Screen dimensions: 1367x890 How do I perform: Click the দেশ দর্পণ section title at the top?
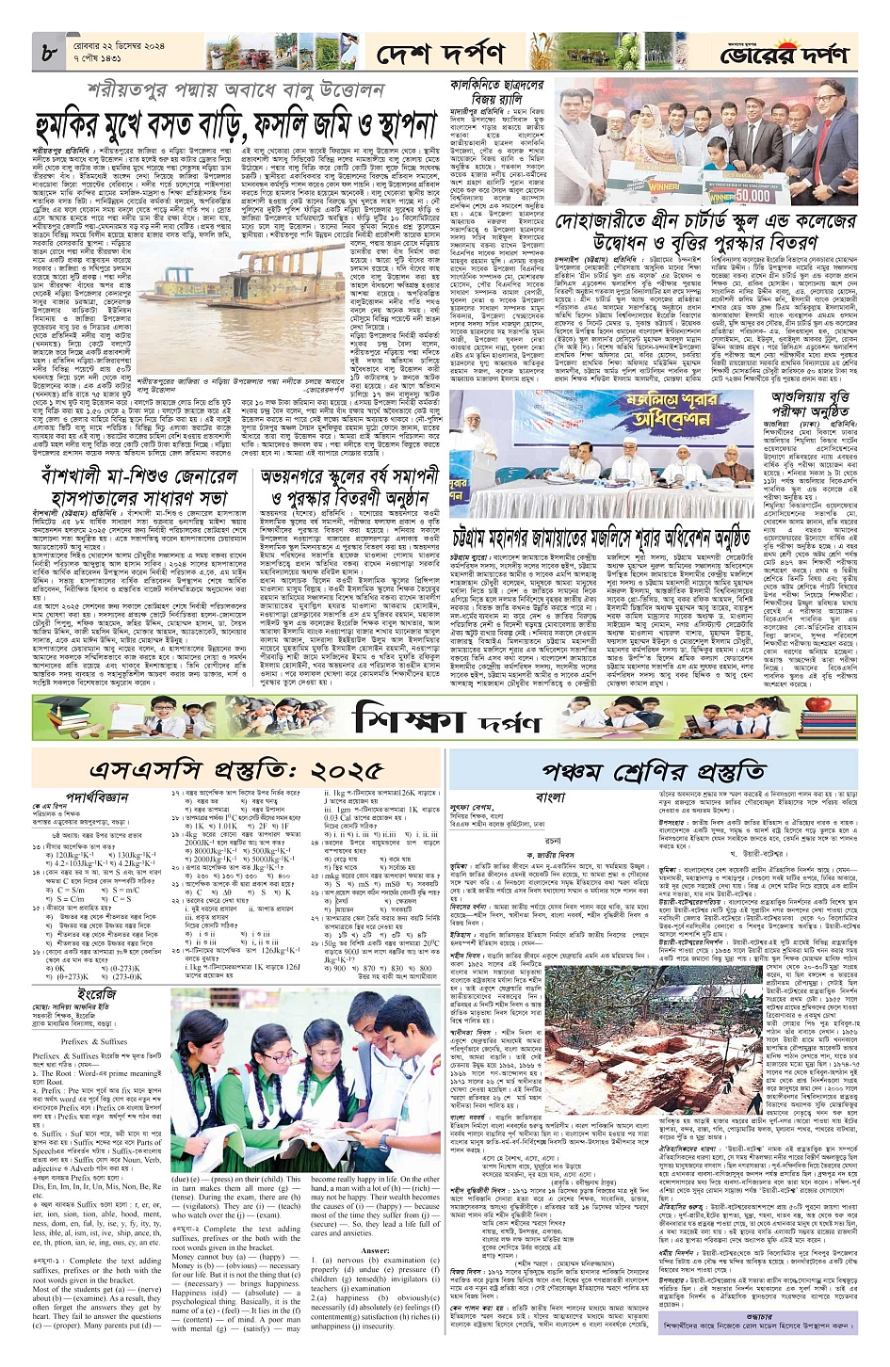tap(440, 55)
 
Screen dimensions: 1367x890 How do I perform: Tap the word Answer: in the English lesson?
tap(375, 1250)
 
